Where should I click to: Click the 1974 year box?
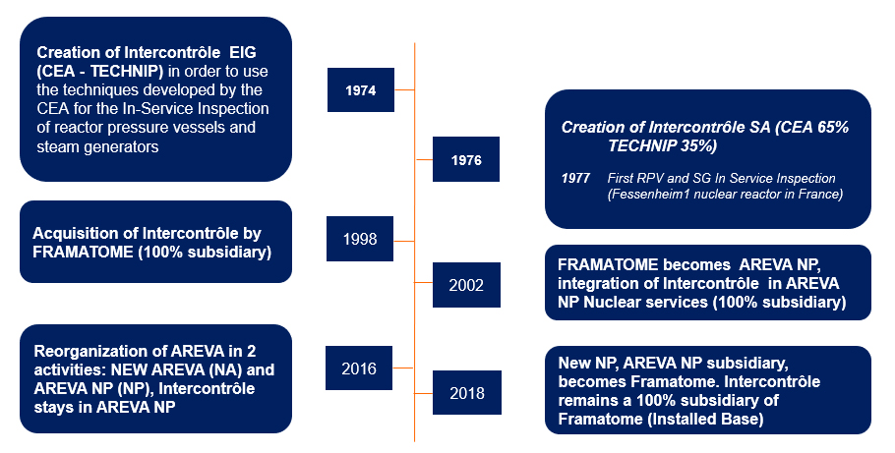(x=361, y=89)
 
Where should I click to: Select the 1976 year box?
(x=466, y=159)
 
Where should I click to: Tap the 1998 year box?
(x=360, y=239)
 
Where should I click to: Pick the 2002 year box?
(x=466, y=285)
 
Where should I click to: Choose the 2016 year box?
(x=359, y=368)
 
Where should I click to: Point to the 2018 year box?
(x=467, y=392)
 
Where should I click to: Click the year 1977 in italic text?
(x=575, y=178)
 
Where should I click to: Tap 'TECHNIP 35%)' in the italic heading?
(x=662, y=146)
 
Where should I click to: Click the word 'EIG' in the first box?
(x=243, y=52)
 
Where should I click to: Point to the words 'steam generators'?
(x=97, y=146)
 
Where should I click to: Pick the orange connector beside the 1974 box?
(x=404, y=89)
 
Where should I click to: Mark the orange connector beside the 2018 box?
(x=424, y=393)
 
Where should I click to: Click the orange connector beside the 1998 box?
(x=403, y=242)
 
